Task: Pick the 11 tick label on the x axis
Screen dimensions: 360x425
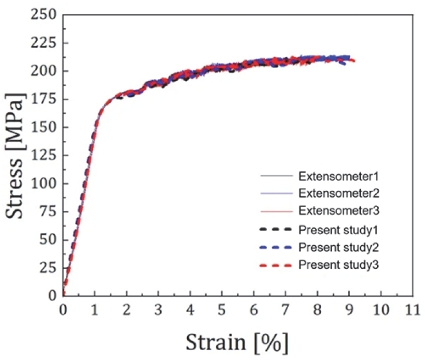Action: (x=412, y=309)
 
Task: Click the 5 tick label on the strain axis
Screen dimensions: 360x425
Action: (x=222, y=309)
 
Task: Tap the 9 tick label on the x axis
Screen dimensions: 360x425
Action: (x=349, y=309)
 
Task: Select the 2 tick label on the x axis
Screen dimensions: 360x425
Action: (x=126, y=309)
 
